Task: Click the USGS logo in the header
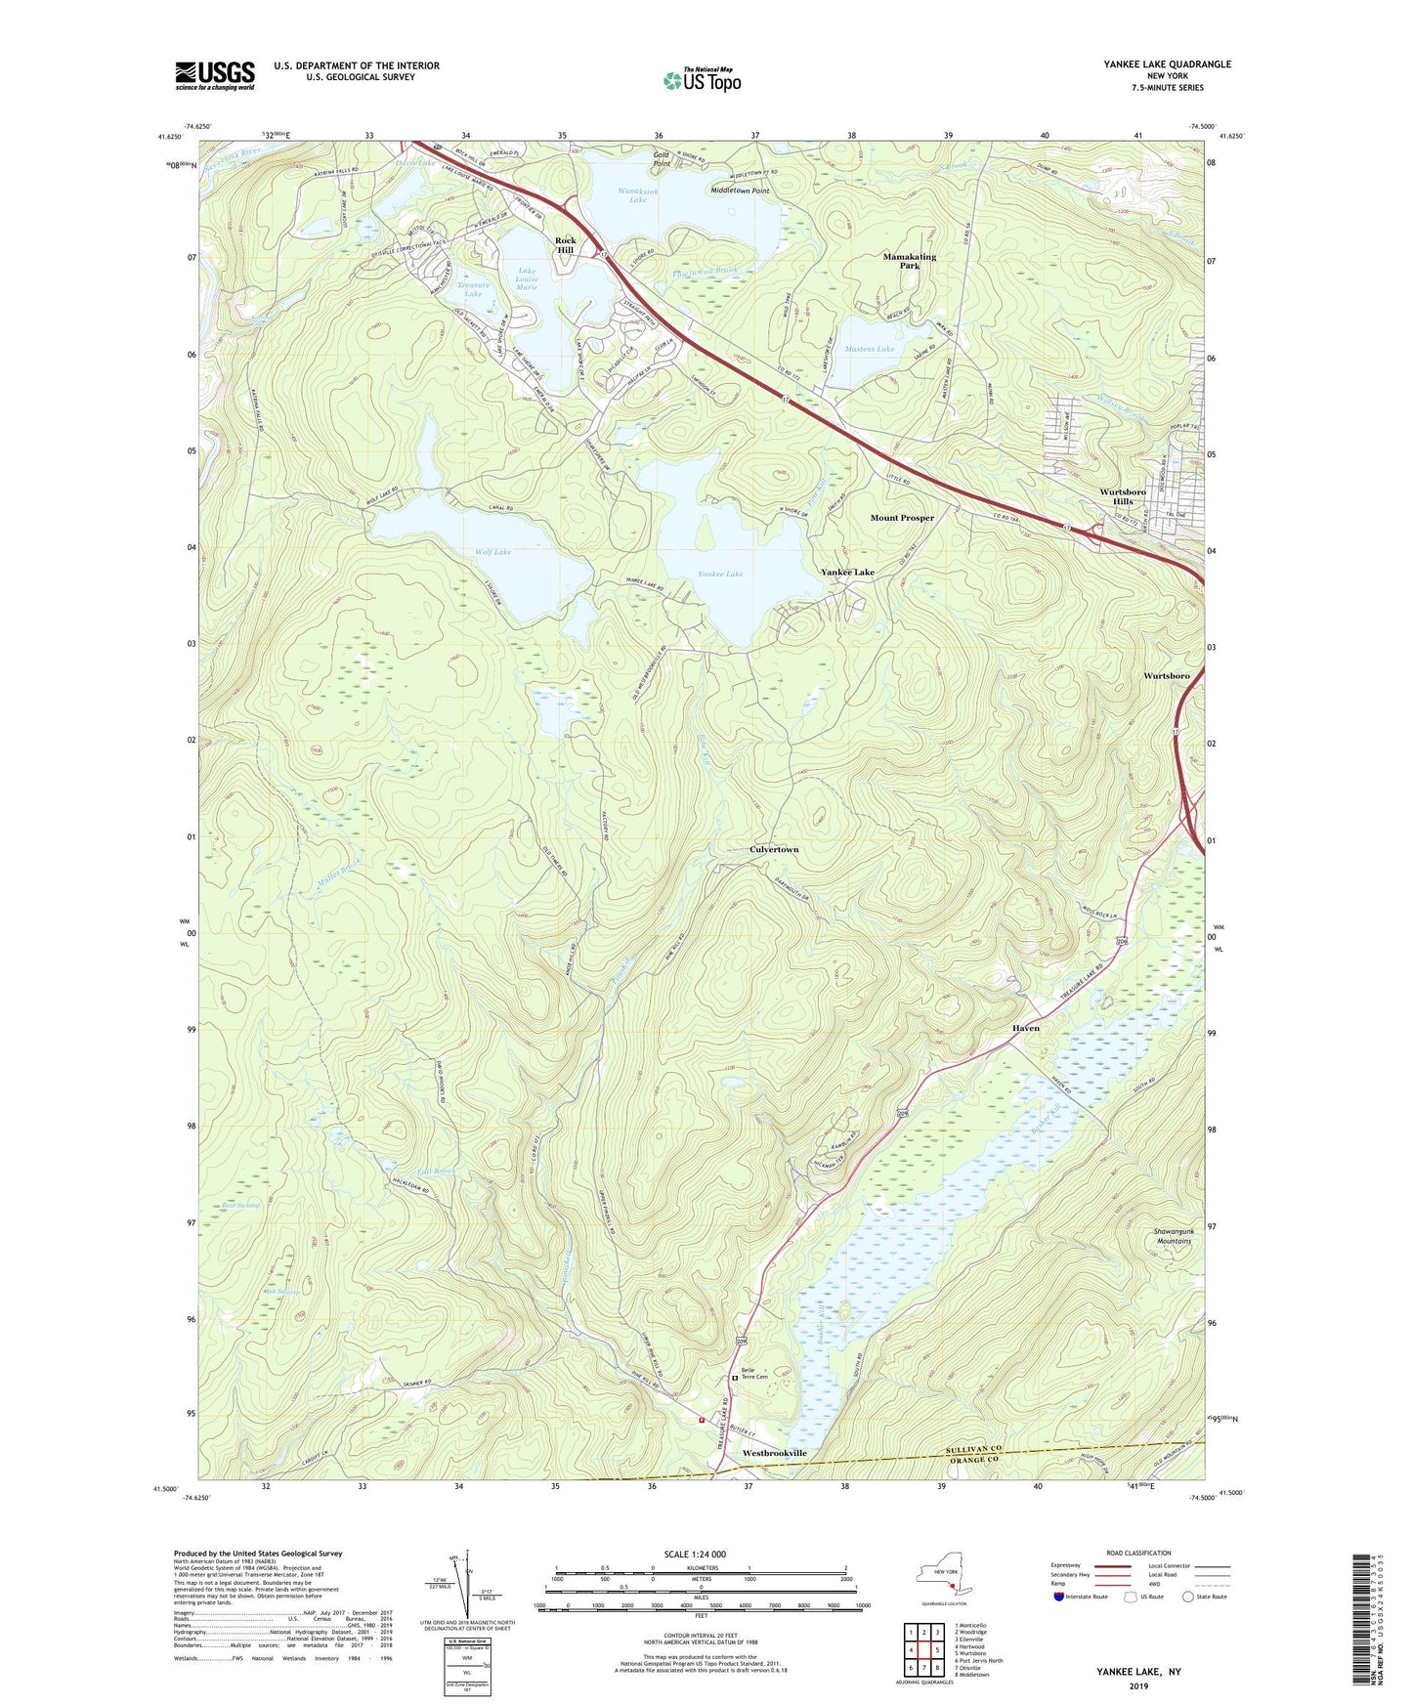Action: coord(215,75)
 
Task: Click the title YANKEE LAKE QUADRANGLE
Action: coord(1167,64)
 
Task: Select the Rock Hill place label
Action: coord(565,245)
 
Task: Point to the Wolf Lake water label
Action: coord(493,552)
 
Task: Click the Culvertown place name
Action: coord(774,850)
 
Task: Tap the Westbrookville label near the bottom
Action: coord(775,1454)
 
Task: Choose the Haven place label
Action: coord(1025,1029)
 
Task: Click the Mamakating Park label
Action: coord(909,261)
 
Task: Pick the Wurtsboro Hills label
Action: coord(1122,496)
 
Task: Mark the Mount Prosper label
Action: coord(902,518)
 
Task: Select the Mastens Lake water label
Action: coord(870,349)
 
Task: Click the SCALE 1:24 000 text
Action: coord(695,1555)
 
